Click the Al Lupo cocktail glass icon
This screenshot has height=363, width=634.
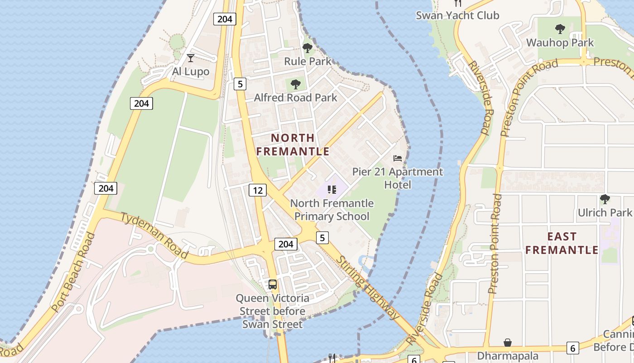tap(191, 58)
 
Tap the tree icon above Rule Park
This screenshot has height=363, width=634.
tap(307, 48)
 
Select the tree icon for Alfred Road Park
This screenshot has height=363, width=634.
tap(296, 84)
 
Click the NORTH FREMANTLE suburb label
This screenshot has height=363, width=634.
tap(293, 145)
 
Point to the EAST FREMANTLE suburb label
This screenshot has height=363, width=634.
tap(562, 243)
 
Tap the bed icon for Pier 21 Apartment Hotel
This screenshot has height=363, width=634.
tap(398, 158)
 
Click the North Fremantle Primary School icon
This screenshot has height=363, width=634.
tap(332, 190)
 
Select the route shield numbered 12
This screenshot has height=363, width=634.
tap(257, 190)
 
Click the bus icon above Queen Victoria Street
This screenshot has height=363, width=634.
tap(273, 285)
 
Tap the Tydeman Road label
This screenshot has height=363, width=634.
tap(154, 235)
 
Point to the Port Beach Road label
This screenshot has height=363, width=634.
tap(74, 273)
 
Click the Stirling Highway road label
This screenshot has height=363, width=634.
tap(369, 287)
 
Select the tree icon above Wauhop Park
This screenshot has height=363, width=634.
tap(560, 29)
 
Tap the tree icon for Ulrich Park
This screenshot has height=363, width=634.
tap(605, 199)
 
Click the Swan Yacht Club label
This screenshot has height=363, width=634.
tap(457, 15)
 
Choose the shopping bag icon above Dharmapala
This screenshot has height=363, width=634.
tap(508, 343)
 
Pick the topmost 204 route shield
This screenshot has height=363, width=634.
tap(225, 19)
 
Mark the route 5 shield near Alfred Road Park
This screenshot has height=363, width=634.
tap(240, 83)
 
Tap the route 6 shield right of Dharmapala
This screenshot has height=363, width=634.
tap(573, 348)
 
